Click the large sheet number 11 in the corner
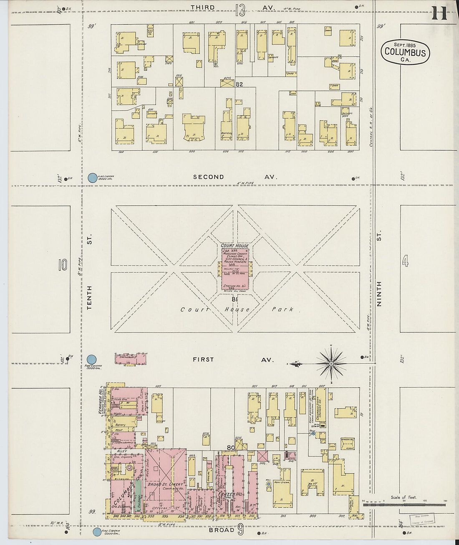tap(439, 13)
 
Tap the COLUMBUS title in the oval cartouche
tap(405, 52)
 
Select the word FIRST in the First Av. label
tap(203, 359)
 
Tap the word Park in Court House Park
tap(282, 309)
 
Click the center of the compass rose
tap(331, 364)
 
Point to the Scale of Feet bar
tap(404, 504)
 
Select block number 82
tap(239, 84)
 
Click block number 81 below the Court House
tap(235, 299)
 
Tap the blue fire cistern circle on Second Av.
tap(92, 178)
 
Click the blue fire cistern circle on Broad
tap(97, 532)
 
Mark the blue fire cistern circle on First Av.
tap(91, 360)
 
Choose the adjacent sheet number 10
tap(63, 264)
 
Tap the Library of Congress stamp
tap(422, 518)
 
